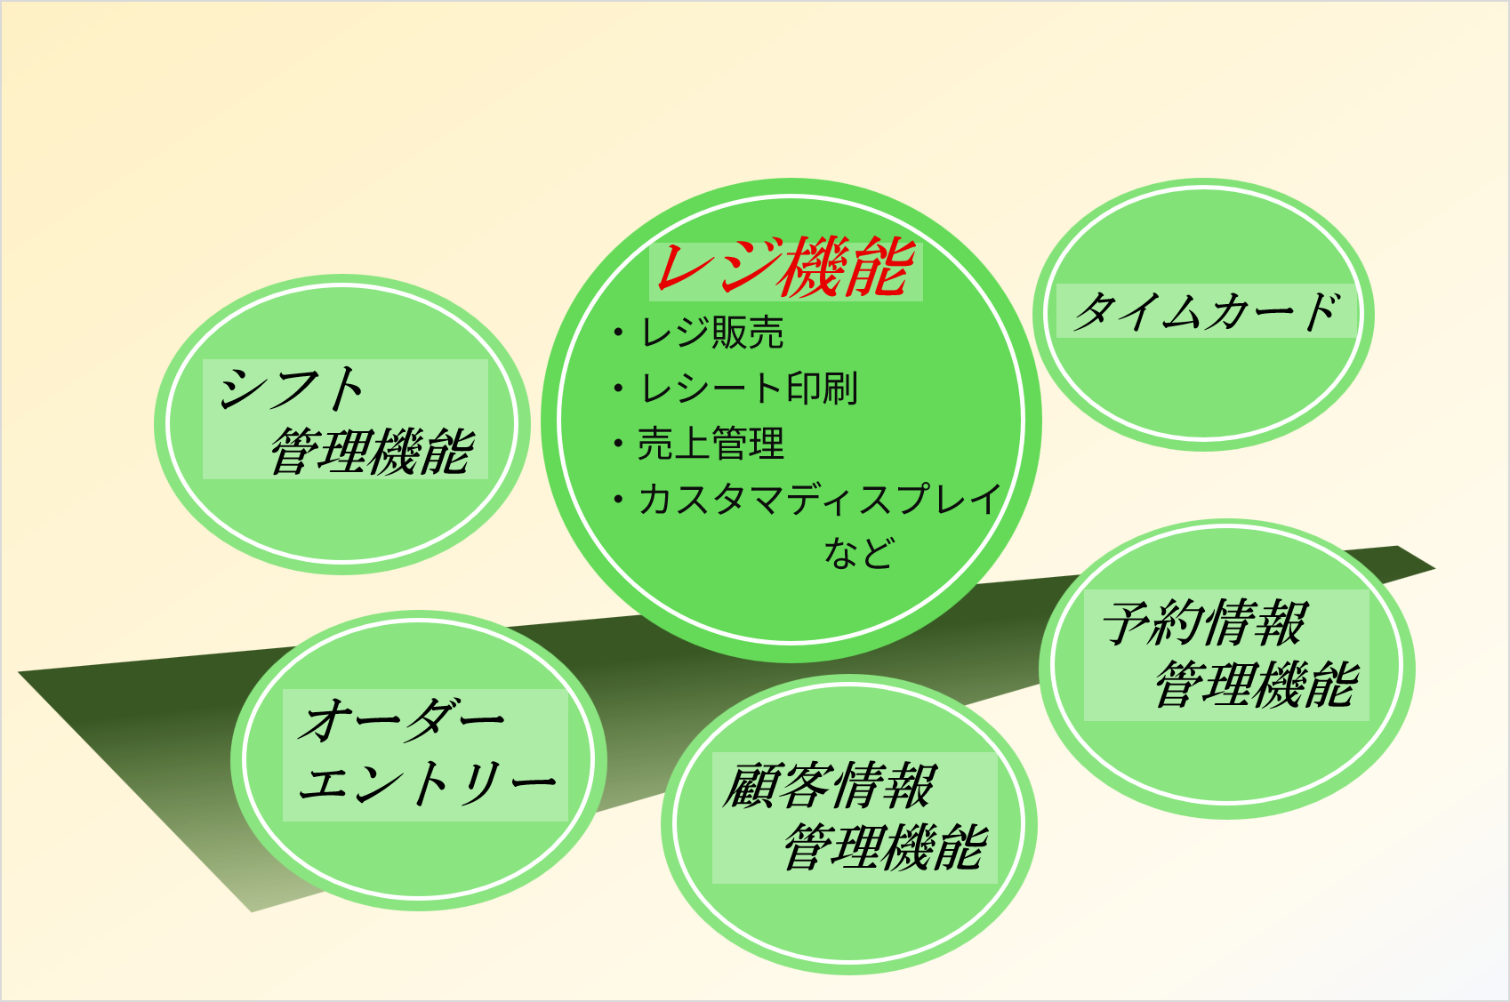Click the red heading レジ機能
coord(786,268)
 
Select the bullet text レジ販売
coord(711,333)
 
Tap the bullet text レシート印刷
coord(748,389)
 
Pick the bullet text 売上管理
coord(711,444)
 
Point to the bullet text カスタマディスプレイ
coord(820,500)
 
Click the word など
coord(859,553)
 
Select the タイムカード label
coord(1206,311)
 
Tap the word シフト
coord(291,389)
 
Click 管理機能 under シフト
coord(372,451)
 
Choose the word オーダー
coord(401,719)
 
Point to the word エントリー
coord(428,783)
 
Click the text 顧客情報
coord(829,786)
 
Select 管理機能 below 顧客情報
coord(886,846)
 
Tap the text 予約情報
coord(1205,622)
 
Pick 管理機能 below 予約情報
coord(1257,684)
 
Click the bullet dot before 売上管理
coord(618,444)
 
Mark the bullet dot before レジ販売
coord(618,333)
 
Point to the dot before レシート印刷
coord(618,389)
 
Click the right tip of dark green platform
coord(1435,569)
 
